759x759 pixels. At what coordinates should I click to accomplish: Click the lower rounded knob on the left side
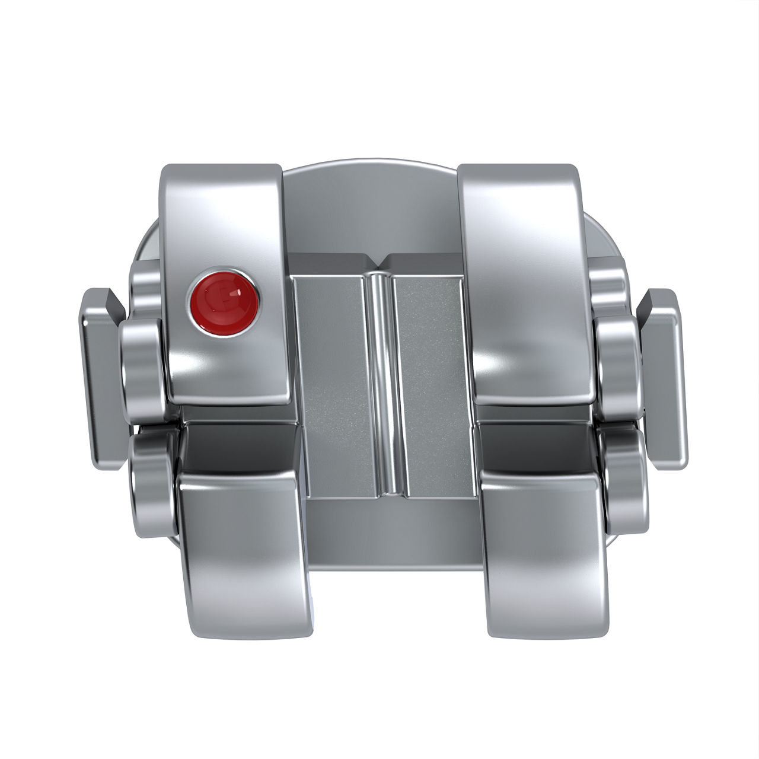click(151, 480)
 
